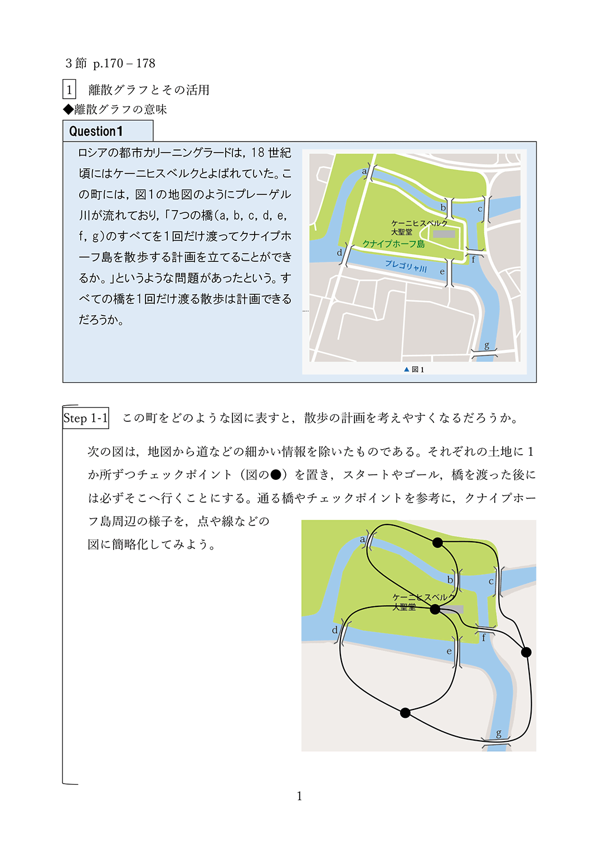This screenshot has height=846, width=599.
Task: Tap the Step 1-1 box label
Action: coord(85,418)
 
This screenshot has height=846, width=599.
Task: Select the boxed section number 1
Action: coord(69,90)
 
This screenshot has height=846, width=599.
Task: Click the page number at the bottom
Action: coord(299,796)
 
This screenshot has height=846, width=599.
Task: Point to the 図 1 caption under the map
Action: coord(415,369)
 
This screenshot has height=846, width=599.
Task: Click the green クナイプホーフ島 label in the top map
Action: coord(393,244)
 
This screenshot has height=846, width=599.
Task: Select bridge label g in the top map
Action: coord(486,346)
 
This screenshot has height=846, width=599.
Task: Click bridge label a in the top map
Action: coord(364,171)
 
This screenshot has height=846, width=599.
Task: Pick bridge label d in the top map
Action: coord(339,252)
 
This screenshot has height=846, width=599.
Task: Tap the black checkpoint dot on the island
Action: coord(435,609)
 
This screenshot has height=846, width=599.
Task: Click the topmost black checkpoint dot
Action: coord(438,542)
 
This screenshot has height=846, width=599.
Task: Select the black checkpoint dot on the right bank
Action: coord(526,652)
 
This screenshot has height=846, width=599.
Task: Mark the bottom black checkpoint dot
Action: coord(405,713)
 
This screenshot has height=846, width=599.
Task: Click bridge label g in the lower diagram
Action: coord(498,733)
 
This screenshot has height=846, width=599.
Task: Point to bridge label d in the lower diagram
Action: coord(334,630)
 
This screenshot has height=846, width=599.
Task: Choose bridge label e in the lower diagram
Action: coord(449,651)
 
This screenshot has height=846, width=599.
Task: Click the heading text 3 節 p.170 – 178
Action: coord(110,64)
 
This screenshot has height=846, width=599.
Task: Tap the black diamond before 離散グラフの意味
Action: coord(68,109)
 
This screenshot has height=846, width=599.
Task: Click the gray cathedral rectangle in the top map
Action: coord(444,234)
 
